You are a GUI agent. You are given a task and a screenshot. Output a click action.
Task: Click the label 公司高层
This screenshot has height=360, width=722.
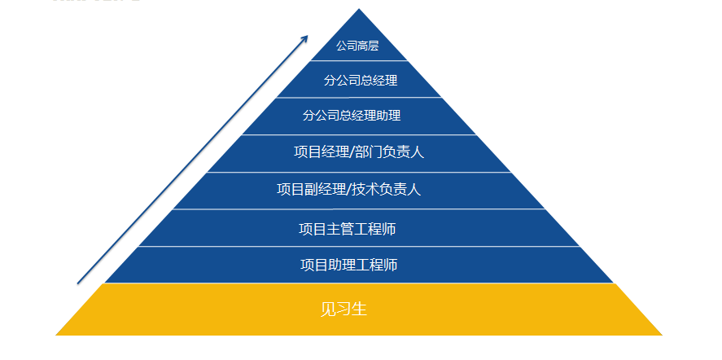(x=358, y=46)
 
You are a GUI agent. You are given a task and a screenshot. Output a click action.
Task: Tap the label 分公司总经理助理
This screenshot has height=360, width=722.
(x=352, y=116)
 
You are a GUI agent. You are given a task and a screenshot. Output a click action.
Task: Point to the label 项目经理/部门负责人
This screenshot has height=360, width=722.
(x=359, y=151)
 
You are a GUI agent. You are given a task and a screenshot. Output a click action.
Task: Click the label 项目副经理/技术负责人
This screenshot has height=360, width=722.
(x=348, y=190)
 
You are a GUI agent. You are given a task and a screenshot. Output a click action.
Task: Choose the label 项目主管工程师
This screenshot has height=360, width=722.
(x=348, y=229)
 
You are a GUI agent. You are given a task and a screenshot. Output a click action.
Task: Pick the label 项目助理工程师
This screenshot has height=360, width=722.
(x=348, y=265)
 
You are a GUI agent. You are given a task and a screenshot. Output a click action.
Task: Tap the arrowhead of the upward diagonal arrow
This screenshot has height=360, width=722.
(x=306, y=37)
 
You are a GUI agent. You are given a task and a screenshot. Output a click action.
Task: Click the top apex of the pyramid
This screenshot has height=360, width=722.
(x=358, y=9)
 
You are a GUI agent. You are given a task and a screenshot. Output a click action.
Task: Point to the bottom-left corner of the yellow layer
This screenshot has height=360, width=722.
(x=57, y=334)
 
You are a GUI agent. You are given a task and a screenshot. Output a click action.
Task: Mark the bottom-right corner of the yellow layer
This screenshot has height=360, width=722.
(x=662, y=334)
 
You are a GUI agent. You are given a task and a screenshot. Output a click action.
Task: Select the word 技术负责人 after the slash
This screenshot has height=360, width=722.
(x=387, y=190)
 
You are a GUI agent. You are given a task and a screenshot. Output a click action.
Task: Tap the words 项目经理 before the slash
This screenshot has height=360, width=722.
(x=320, y=151)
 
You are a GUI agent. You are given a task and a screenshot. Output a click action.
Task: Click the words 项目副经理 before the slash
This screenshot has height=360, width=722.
(x=311, y=190)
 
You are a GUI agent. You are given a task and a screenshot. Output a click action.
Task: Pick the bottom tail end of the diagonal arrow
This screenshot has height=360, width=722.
(x=78, y=283)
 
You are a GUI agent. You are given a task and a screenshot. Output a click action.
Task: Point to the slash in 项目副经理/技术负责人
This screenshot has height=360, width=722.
(x=349, y=190)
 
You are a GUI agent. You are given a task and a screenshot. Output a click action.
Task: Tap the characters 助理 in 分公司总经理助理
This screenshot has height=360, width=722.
(x=387, y=116)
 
